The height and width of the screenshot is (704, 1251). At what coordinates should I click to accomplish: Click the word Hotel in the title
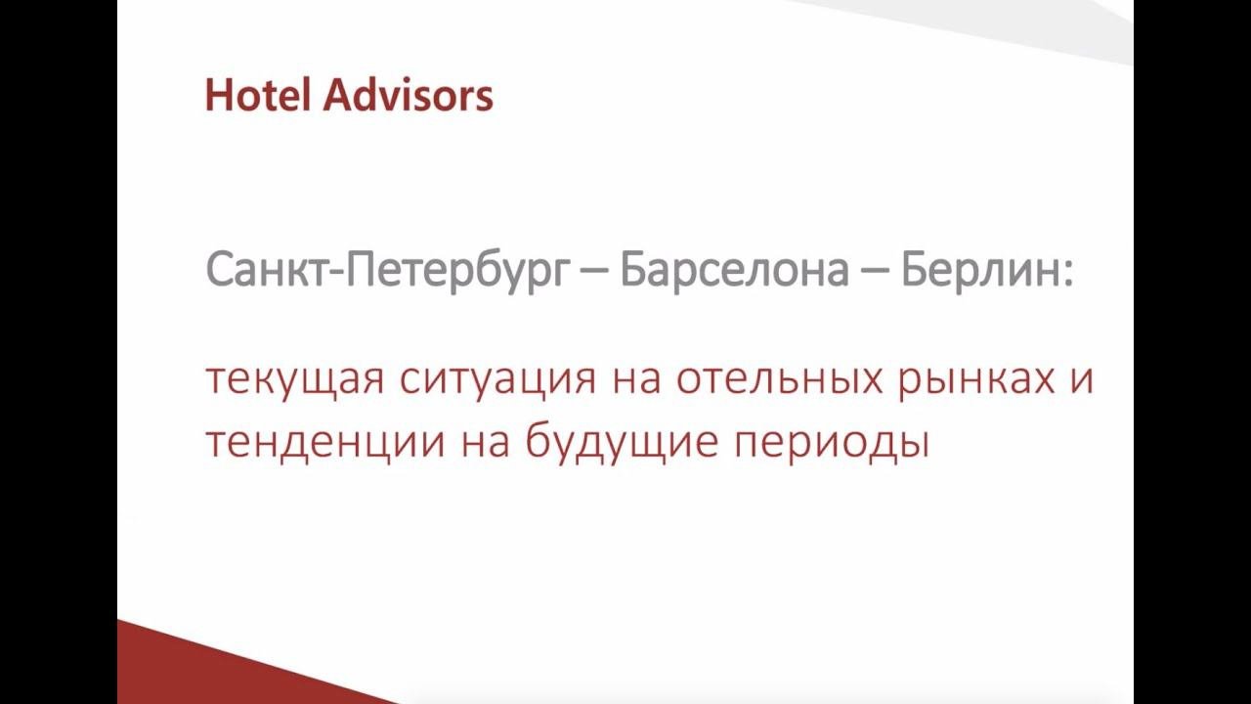[257, 96]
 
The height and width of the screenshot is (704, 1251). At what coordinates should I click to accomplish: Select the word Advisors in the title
[409, 96]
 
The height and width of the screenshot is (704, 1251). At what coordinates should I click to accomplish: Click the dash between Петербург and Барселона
[592, 273]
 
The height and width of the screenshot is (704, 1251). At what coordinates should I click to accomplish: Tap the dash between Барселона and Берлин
[875, 273]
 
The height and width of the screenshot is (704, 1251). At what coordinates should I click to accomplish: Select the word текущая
[295, 381]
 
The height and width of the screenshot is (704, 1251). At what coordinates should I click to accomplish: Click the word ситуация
[497, 381]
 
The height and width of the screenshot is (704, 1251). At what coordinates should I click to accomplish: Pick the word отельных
[780, 380]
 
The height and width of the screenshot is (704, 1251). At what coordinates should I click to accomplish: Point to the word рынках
[976, 381]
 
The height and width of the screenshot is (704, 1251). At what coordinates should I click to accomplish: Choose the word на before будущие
[485, 443]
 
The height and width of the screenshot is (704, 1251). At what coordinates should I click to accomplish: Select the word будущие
[622, 441]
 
